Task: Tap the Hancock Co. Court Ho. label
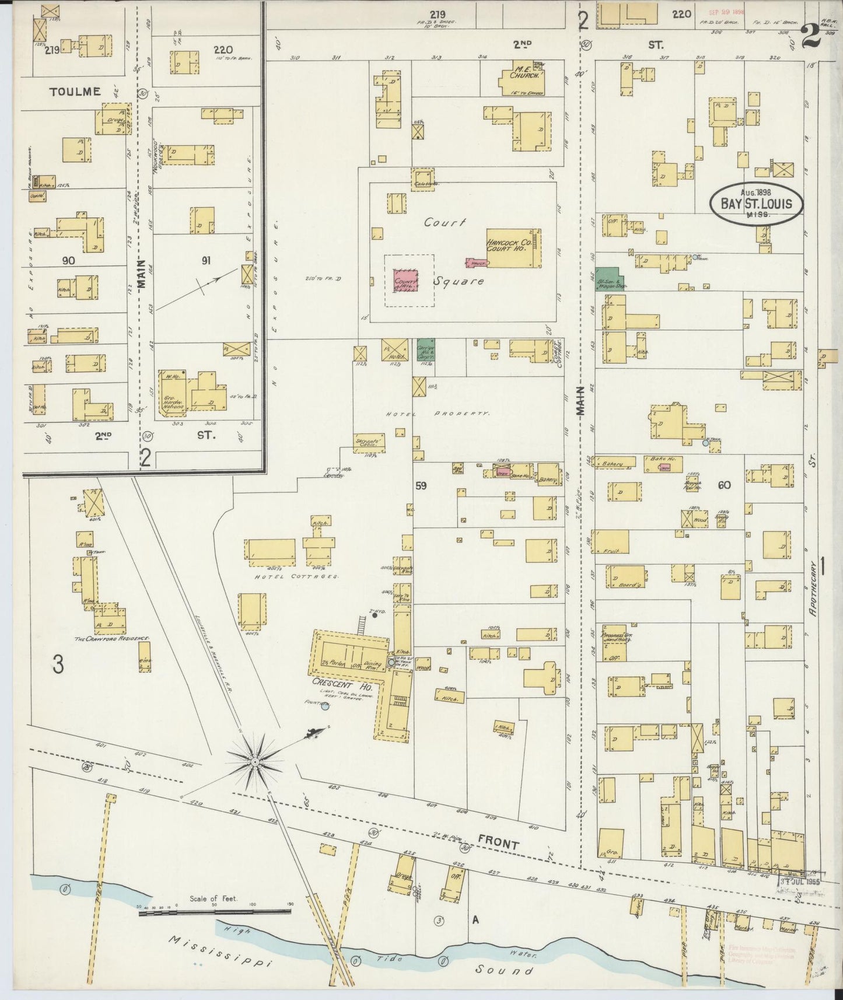pyautogui.click(x=506, y=244)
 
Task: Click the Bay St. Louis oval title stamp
pyautogui.click(x=756, y=204)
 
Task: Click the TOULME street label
pyautogui.click(x=75, y=92)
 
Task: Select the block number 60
pyautogui.click(x=724, y=484)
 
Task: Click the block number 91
pyautogui.click(x=205, y=261)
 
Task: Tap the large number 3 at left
pyautogui.click(x=57, y=664)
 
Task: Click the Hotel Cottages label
pyautogui.click(x=296, y=576)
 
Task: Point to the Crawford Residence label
pyautogui.click(x=112, y=639)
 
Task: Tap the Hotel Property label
pyautogui.click(x=436, y=413)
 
